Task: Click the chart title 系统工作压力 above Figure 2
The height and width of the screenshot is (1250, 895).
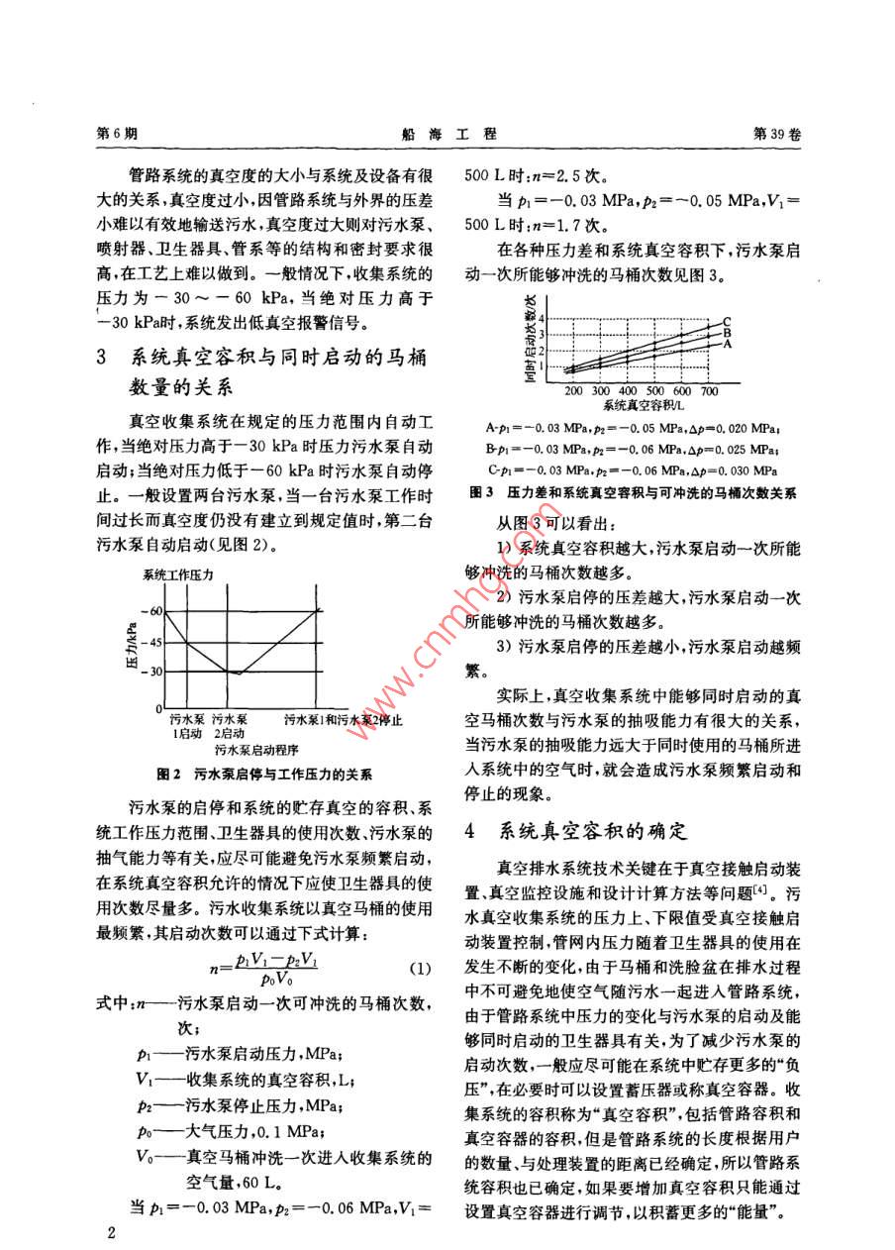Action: coord(178,574)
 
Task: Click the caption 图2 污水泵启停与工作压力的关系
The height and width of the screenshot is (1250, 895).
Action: coord(271,776)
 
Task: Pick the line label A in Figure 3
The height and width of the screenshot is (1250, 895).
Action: coord(728,345)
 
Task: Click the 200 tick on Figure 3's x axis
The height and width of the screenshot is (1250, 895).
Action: coord(574,391)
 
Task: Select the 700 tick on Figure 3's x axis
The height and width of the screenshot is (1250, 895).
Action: coord(709,391)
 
